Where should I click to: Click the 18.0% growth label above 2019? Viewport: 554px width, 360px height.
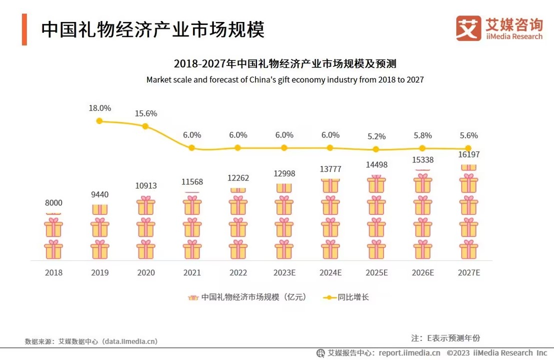point(99,108)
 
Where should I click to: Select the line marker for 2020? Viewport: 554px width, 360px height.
point(145,126)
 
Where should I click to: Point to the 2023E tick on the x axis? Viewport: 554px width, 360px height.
point(284,273)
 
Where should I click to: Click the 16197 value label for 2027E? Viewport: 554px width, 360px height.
point(468,155)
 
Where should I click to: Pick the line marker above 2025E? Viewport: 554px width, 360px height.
point(376,149)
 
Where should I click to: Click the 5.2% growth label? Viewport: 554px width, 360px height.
point(376,136)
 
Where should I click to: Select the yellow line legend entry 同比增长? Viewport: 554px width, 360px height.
point(345,297)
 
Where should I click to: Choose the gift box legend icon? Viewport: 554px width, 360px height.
point(193,297)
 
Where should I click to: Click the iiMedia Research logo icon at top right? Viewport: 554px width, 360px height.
point(468,28)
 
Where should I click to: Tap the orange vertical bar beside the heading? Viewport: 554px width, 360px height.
point(24,29)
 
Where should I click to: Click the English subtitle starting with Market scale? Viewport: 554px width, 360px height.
point(285,79)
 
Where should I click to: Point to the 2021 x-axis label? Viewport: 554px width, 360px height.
point(192,273)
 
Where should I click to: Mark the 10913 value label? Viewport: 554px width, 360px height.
point(145,185)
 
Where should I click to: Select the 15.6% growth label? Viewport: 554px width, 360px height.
point(145,113)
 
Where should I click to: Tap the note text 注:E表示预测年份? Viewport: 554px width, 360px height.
point(445,337)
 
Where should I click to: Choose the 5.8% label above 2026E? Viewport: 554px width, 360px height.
point(422,135)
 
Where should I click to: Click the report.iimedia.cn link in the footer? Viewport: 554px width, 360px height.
point(409,353)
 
